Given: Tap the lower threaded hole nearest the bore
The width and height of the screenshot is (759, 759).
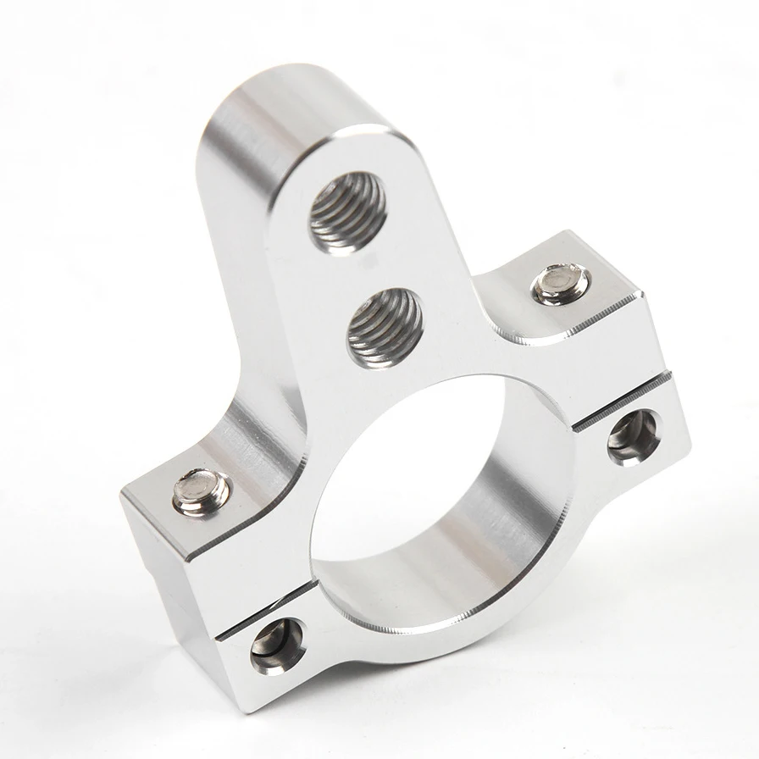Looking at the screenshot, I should click(x=384, y=325).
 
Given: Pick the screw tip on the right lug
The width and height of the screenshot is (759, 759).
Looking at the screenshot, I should click(x=562, y=285).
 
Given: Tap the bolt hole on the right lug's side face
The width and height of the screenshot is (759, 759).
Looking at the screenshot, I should click(x=634, y=437).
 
